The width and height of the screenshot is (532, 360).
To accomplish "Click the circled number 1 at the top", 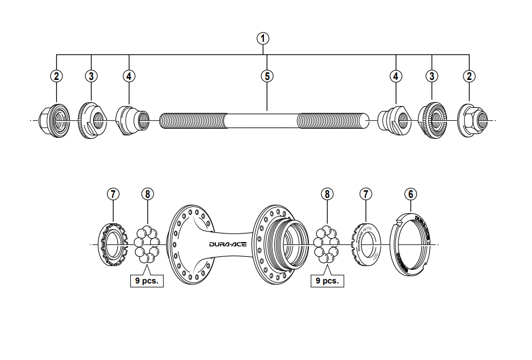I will tap(262, 39).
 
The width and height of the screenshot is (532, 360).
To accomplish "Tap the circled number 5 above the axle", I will tap(267, 75).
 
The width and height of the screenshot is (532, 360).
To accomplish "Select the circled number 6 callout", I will tap(411, 194).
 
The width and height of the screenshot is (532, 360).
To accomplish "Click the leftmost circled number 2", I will tap(56, 75).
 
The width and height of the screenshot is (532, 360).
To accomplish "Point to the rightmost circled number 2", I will tap(469, 75).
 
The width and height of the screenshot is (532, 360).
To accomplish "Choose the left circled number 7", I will tap(113, 194).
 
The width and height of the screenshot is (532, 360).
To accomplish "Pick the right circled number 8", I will tap(326, 194).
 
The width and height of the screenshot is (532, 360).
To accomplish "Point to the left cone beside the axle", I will tap(131, 120).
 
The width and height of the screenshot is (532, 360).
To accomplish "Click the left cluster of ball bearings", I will tap(147, 244).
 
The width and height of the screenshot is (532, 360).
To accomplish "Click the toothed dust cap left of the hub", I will tap(113, 244).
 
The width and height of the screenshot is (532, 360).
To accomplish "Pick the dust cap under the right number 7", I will tap(367, 244).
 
